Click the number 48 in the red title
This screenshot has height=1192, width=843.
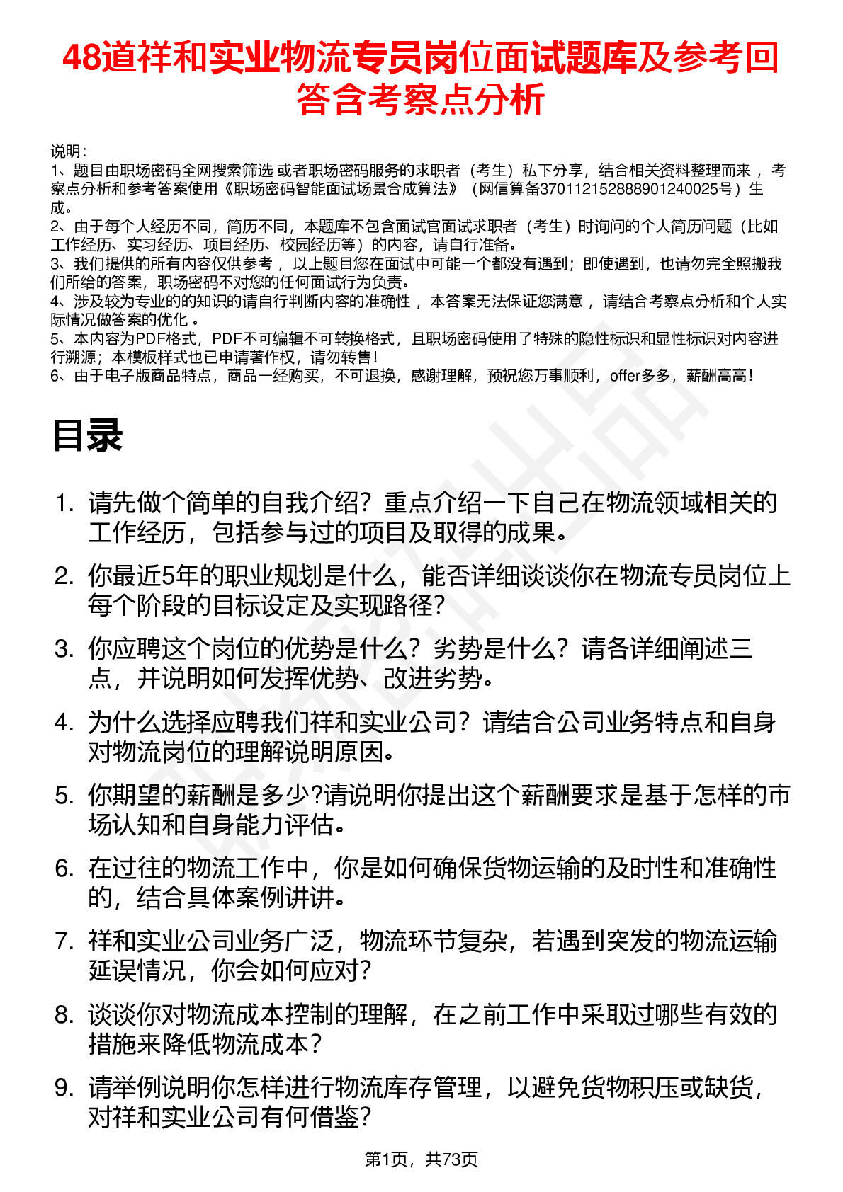(x=81, y=58)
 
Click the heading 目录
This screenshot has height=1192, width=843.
(x=87, y=435)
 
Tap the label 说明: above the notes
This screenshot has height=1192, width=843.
(x=69, y=151)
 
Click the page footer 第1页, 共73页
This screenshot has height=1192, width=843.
(x=421, y=1159)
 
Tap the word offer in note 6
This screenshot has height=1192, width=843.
(x=624, y=376)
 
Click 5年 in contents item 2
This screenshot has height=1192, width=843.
(x=186, y=576)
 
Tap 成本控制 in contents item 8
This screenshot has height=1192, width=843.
(x=285, y=1015)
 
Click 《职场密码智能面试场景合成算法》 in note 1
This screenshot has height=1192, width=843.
(x=340, y=189)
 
